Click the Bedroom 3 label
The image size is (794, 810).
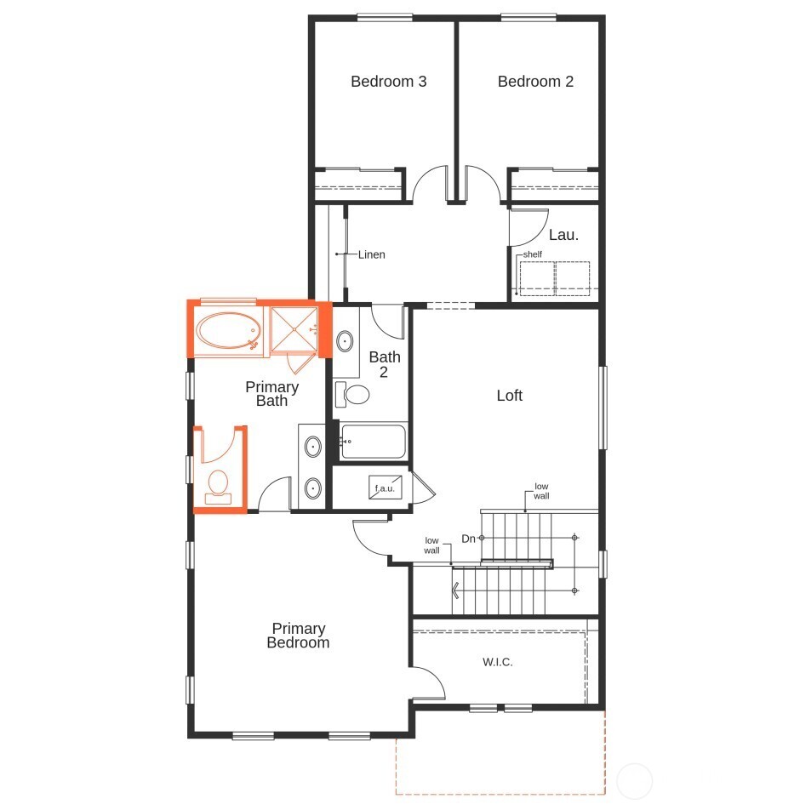(x=388, y=82)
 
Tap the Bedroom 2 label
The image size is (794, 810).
(x=535, y=82)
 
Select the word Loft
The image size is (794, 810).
(x=510, y=396)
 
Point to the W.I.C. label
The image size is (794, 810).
(x=498, y=662)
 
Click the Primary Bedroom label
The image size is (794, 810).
(x=298, y=636)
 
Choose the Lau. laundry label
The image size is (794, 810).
(x=563, y=235)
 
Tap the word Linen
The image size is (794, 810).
(x=371, y=254)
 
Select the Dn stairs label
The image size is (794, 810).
(x=468, y=539)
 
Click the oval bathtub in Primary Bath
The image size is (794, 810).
(x=228, y=331)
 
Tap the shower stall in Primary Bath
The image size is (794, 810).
(x=294, y=328)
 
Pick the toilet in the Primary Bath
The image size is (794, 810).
(x=219, y=485)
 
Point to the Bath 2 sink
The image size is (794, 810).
(x=346, y=342)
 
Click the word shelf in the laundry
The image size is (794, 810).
(x=533, y=254)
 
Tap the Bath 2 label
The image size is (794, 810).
(x=385, y=364)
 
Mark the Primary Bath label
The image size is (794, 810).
(x=272, y=394)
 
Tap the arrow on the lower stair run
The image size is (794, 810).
(x=457, y=590)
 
